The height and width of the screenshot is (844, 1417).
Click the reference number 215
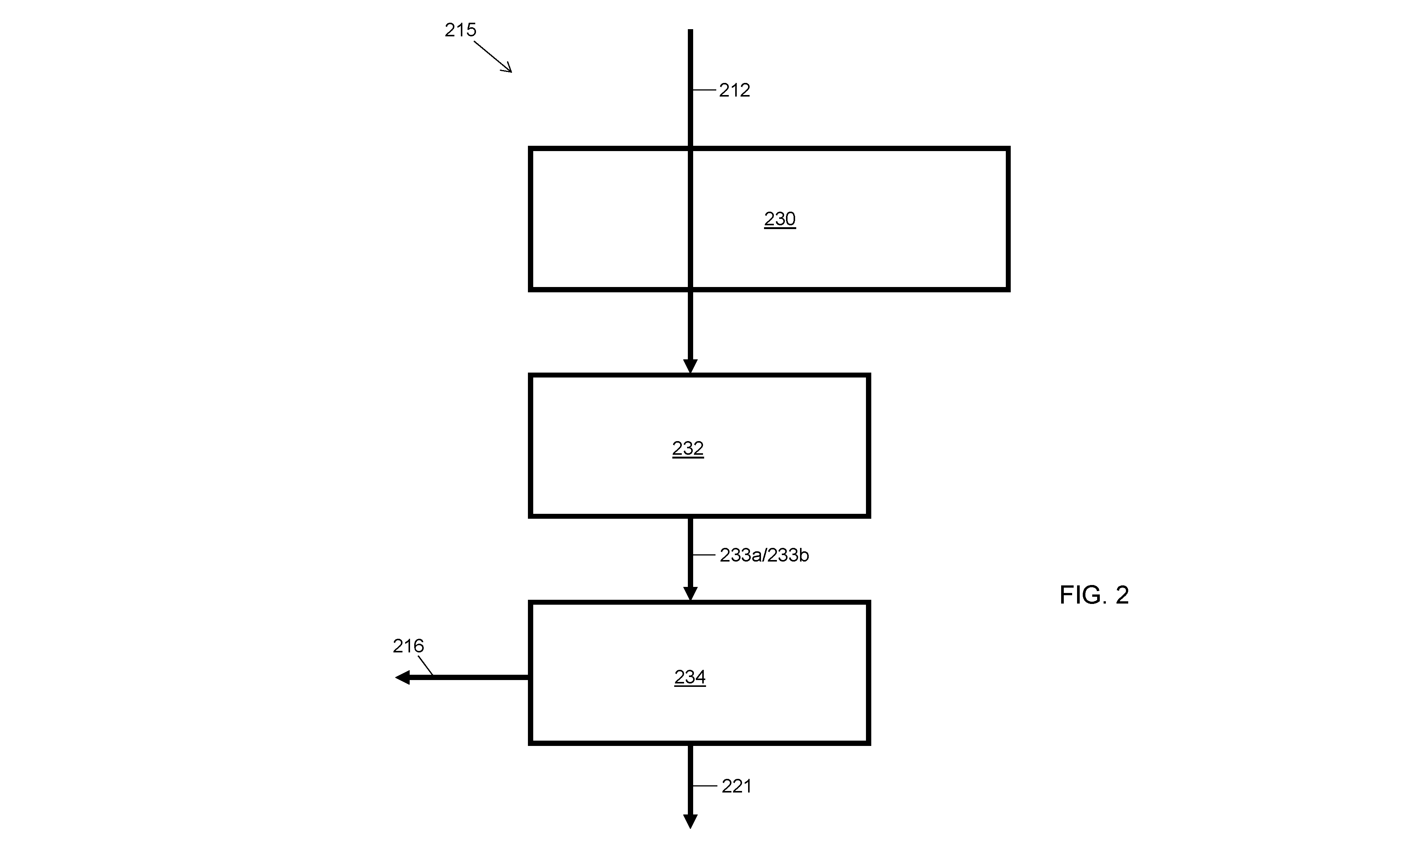460,30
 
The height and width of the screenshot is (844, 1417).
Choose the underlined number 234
690,677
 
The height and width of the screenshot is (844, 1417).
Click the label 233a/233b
764,555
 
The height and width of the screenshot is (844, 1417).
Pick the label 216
409,646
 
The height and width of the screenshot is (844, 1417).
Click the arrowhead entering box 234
690,594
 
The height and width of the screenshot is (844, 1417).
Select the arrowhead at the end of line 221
690,821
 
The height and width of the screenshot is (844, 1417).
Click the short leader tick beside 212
704,90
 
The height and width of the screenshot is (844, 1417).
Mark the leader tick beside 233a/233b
704,554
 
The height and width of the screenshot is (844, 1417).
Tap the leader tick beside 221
705,786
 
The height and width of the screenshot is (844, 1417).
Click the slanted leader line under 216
426,665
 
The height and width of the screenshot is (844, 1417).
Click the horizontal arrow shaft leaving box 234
470,677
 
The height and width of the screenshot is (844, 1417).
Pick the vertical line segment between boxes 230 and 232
690,325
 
